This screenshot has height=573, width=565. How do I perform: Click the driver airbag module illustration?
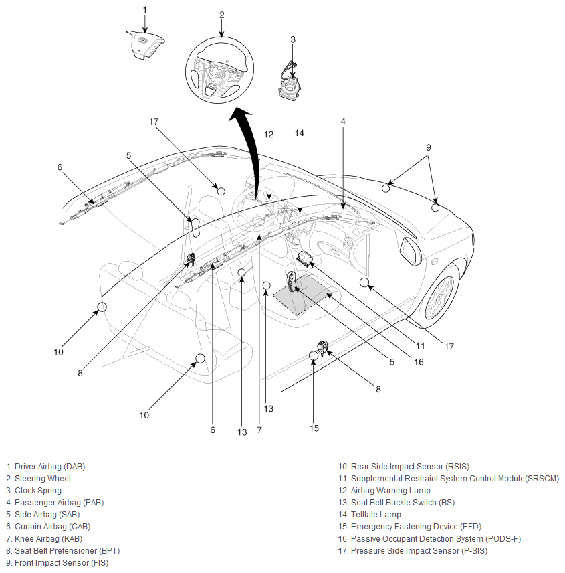[144, 45]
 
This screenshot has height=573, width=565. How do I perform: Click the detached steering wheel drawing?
[219, 70]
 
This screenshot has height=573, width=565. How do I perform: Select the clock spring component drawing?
[290, 82]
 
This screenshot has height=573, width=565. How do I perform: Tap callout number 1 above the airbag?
[145, 10]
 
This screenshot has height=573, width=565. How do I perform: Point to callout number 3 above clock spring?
[293, 39]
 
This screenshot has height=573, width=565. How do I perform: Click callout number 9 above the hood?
[429, 147]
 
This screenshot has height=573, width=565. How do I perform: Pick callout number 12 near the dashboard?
[269, 134]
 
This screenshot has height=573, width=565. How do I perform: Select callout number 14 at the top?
[300, 133]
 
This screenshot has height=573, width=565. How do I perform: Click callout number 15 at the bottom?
[314, 428]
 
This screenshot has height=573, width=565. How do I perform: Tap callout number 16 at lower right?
[419, 361]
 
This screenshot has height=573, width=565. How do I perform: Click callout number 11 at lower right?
[421, 345]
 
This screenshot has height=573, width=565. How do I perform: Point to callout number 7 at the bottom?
[259, 430]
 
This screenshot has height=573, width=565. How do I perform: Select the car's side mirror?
[411, 250]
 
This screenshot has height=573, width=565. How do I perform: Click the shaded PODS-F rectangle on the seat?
[303, 294]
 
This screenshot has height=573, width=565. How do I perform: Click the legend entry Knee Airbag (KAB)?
[44, 539]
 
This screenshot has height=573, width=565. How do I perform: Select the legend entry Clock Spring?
[33, 491]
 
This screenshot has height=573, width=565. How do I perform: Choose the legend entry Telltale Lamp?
[369, 515]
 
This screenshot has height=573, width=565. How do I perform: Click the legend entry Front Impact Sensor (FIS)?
[58, 563]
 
